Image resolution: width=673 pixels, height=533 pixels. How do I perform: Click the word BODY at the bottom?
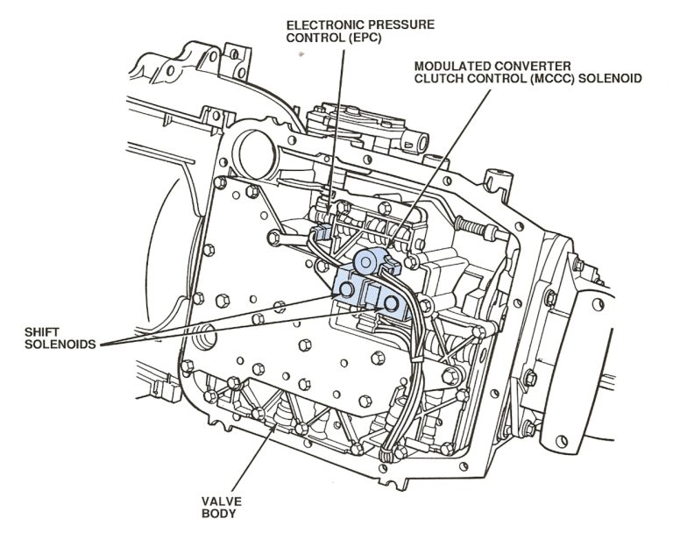click(216, 516)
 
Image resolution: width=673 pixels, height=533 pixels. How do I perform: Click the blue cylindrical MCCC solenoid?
click(369, 259)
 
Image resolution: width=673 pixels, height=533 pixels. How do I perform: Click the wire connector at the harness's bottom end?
click(391, 452)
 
